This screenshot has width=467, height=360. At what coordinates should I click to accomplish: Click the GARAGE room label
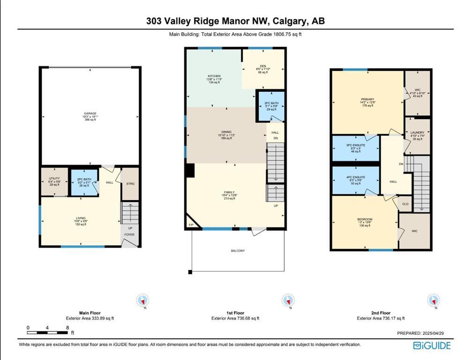coord(90,113)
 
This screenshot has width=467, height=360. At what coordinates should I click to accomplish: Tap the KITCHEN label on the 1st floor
coord(214,76)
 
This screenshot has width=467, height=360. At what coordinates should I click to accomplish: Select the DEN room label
coord(263,66)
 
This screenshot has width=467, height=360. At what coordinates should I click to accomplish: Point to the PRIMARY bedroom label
coord(367,99)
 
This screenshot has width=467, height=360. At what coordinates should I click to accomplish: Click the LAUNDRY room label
coord(417,133)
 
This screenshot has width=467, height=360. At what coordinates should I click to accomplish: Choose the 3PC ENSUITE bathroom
coord(356,145)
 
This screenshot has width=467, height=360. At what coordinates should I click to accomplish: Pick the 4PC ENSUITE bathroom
coord(356,177)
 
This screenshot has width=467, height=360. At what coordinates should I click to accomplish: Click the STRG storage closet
coord(130,184)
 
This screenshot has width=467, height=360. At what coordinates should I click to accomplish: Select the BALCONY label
coord(237,251)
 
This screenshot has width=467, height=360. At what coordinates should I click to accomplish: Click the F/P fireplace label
coord(191,225)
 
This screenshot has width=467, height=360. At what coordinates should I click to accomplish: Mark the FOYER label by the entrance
coord(130,235)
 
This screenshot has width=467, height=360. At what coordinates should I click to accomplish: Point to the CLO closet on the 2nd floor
coord(405,204)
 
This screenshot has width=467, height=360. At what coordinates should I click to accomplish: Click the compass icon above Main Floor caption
coord(142,300)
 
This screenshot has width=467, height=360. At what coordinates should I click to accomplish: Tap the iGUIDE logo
coord(431,346)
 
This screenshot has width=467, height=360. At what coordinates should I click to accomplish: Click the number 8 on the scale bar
coord(67,328)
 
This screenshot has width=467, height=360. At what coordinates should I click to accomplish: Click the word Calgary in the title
coord(291,21)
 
